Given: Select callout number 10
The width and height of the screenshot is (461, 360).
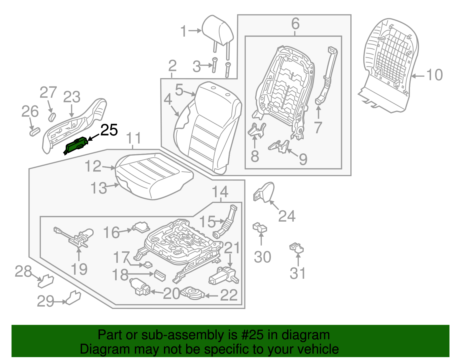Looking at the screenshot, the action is [x=434, y=75].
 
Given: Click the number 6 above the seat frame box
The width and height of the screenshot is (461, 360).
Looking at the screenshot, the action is [x=295, y=24].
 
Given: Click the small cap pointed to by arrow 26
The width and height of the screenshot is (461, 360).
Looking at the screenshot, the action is [x=35, y=132].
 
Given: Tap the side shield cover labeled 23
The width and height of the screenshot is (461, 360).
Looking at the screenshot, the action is [x=74, y=125].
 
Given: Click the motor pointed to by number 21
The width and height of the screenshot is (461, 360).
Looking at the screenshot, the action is [x=224, y=276].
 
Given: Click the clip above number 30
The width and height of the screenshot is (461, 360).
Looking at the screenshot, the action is [x=260, y=227].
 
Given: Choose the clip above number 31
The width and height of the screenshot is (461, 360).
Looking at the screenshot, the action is [x=296, y=248].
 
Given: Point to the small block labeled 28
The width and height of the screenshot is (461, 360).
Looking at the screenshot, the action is [x=46, y=281].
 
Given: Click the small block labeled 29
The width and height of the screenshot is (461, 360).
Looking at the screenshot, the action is [x=73, y=298].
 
